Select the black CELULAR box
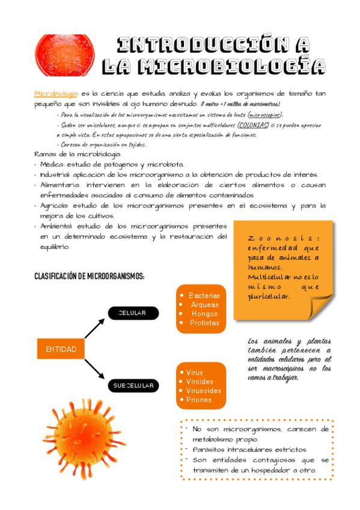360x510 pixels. pyautogui.click(x=134, y=313)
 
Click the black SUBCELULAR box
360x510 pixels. pyautogui.click(x=134, y=385)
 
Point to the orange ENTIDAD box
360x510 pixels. pyautogui.click(x=61, y=349)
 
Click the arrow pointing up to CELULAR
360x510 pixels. pyautogui.click(x=95, y=328)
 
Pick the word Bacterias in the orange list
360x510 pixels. pyautogui.click(x=204, y=295)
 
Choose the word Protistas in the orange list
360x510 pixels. pyautogui.click(x=204, y=323)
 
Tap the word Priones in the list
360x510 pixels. pyautogui.click(x=199, y=399)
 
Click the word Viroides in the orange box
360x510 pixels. pyautogui.click(x=200, y=381)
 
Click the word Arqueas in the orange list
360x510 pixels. pyautogui.click(x=204, y=304)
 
